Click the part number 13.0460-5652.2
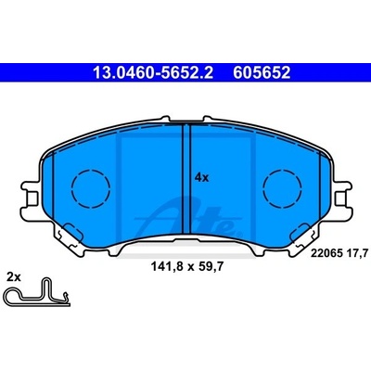[x=153, y=73]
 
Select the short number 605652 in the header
[x=262, y=73]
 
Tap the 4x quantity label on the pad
[x=202, y=178]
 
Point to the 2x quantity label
[x=14, y=277]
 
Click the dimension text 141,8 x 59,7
[x=187, y=266]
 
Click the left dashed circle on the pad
[x=91, y=188]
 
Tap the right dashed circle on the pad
[x=282, y=188]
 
